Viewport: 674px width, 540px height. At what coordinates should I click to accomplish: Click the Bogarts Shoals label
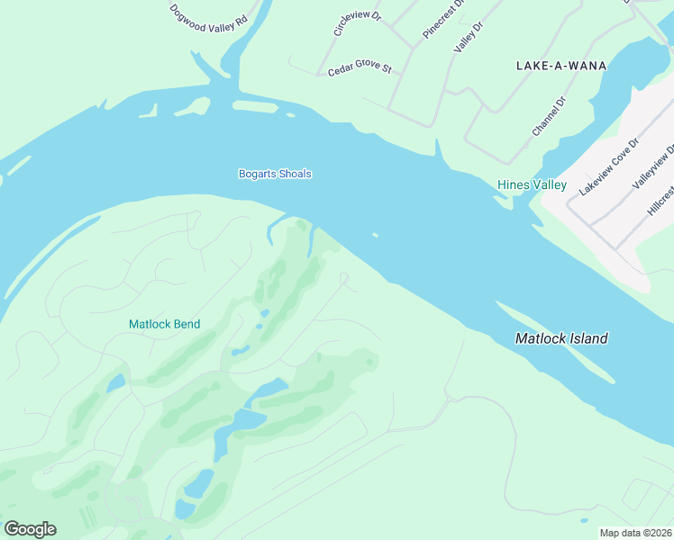coord(275,174)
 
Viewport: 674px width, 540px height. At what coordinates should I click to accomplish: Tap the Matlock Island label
coord(561,339)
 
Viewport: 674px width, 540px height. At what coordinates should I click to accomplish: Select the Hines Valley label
coord(532,185)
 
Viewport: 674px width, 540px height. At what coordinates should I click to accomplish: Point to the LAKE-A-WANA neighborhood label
coord(561,66)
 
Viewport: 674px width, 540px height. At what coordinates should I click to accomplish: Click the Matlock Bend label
coord(164,324)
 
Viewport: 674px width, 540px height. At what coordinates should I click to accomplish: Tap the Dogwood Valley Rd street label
coord(208,19)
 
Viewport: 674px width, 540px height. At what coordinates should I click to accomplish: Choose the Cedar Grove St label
coord(360,68)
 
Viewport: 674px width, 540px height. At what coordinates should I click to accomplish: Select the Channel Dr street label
coord(548,116)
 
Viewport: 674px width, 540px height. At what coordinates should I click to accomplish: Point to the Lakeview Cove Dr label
coord(609,167)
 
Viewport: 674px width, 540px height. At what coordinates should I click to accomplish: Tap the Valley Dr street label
coord(469,37)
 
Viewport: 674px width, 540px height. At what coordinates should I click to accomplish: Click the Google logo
coord(30,529)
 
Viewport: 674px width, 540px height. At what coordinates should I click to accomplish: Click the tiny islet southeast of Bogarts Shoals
coord(374,237)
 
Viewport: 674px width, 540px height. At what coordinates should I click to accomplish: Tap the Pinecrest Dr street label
coord(443,19)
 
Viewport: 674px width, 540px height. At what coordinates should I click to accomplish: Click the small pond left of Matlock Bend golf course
coord(115,383)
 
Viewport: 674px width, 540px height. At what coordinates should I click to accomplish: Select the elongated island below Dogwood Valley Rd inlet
coord(255,106)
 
